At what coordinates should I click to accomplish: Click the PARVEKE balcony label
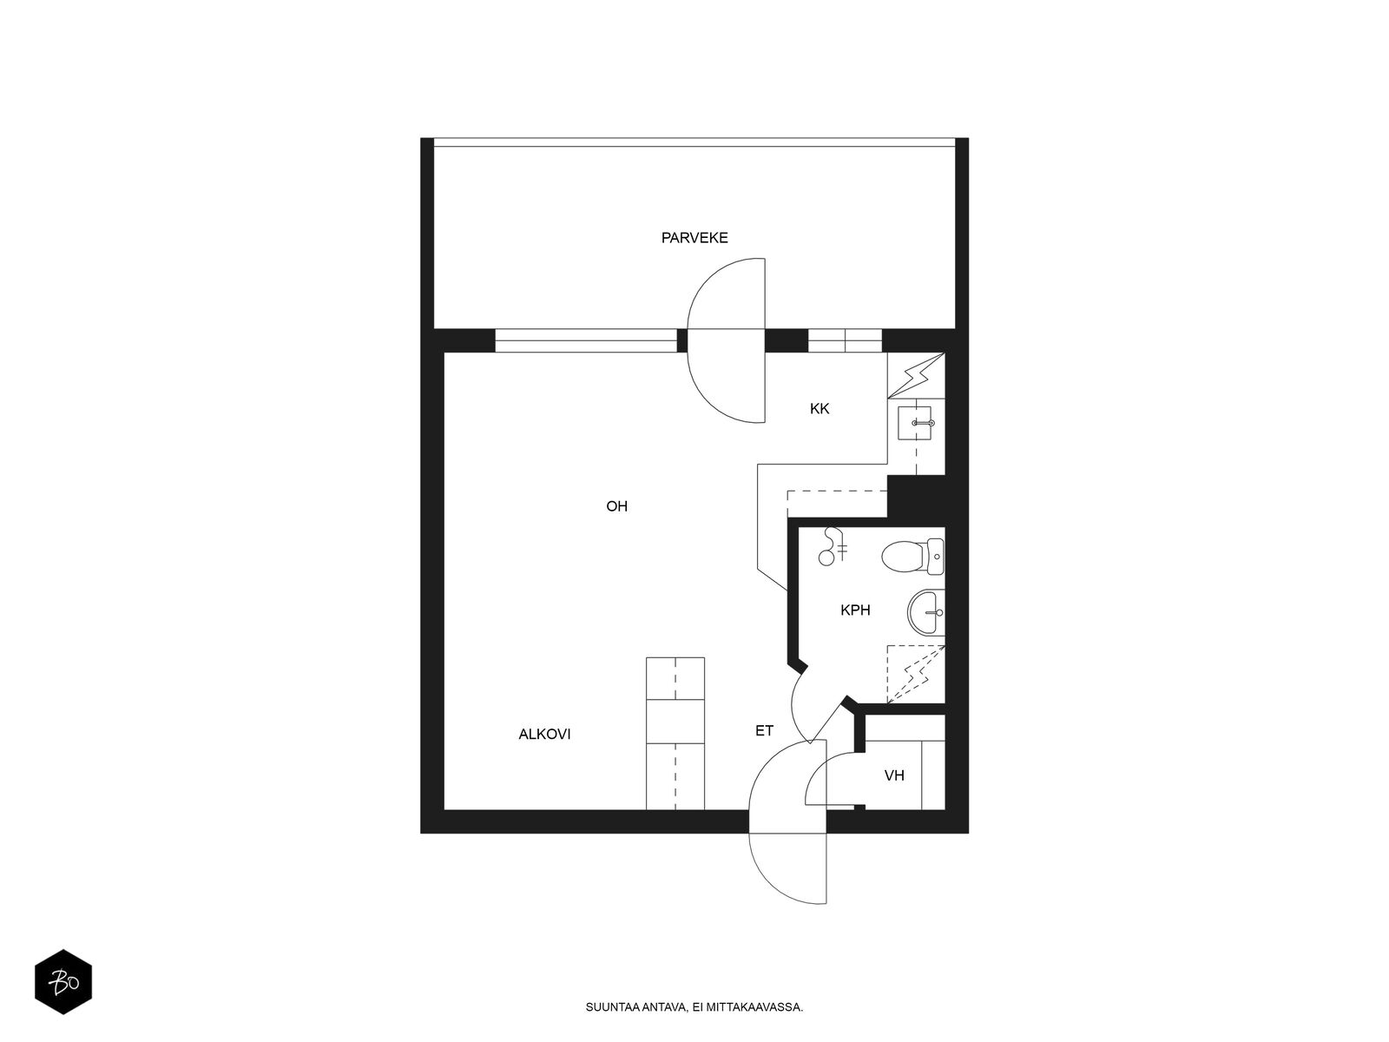click(x=694, y=238)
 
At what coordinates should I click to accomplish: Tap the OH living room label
click(x=616, y=506)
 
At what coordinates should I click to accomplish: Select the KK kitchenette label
click(x=820, y=409)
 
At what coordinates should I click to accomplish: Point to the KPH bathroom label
click(x=855, y=610)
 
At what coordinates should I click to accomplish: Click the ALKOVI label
click(x=544, y=734)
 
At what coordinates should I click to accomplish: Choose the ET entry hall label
click(x=765, y=731)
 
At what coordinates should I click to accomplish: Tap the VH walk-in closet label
click(x=894, y=775)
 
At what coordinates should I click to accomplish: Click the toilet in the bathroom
click(x=912, y=557)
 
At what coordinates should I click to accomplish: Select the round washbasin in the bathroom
click(x=925, y=612)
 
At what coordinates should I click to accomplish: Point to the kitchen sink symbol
click(x=914, y=423)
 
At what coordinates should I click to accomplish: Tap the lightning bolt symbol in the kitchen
click(x=916, y=377)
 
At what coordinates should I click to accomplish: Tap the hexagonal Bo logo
click(x=63, y=982)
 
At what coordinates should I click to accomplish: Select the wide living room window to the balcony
click(x=586, y=340)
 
